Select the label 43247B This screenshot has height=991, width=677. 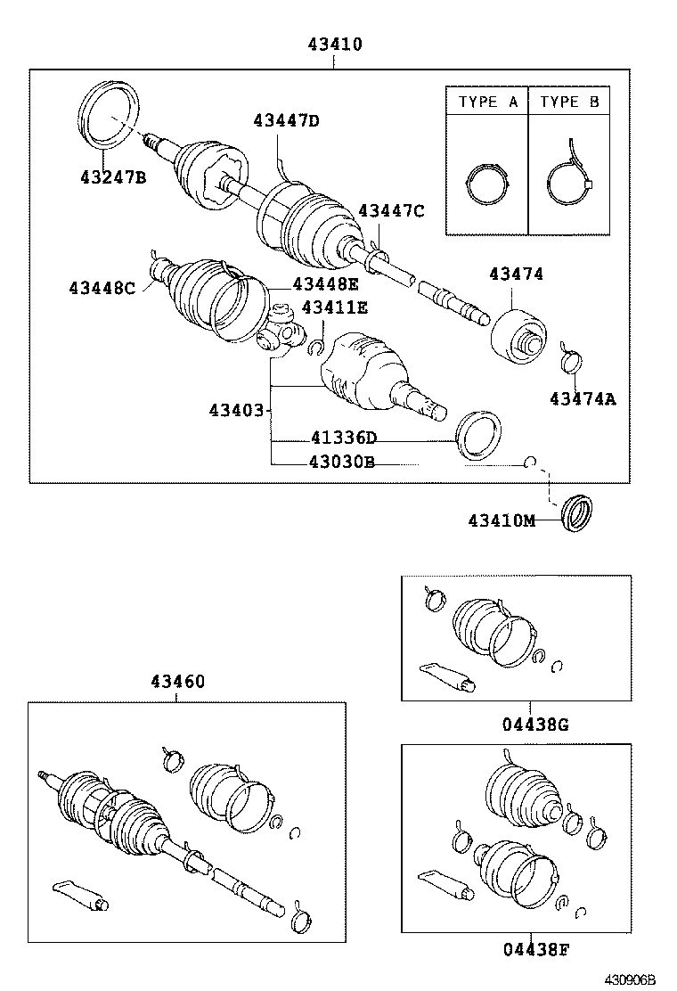point(113,176)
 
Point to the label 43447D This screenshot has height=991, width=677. point(285,120)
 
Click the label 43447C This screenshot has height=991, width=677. point(391,210)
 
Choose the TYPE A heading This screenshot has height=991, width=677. point(487,102)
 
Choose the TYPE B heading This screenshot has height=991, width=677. point(569,102)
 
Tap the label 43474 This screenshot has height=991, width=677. point(515,274)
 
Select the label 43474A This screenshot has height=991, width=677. point(582,398)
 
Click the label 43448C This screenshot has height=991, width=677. point(102,287)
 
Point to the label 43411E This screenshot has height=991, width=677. point(334,307)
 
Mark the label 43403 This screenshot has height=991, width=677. point(236,410)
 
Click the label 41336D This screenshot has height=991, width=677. point(343,438)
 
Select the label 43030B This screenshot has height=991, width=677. point(341,462)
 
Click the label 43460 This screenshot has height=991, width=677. point(175,682)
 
